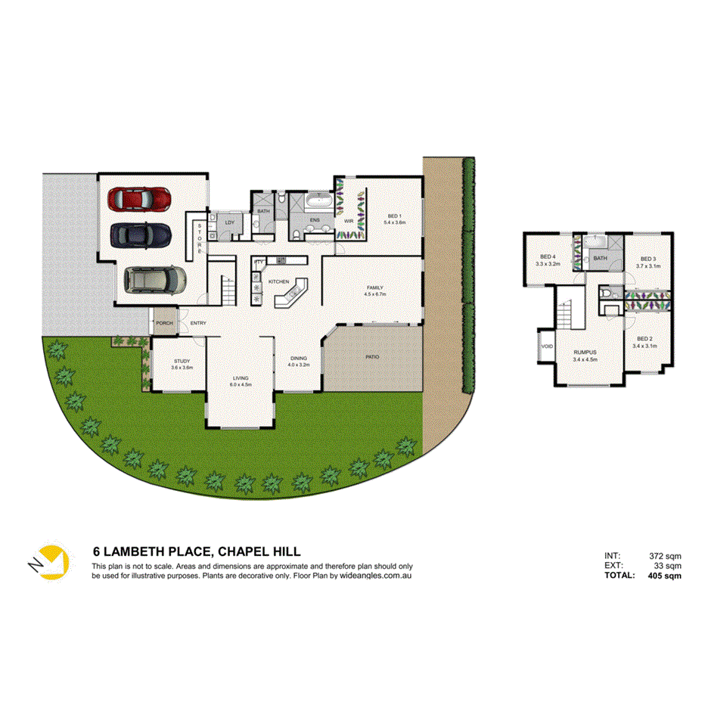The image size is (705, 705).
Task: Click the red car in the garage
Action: coord(141,200)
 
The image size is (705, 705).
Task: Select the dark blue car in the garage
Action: coord(140,234)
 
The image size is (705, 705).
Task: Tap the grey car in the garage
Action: coord(156,279)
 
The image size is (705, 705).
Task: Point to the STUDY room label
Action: coord(182,362)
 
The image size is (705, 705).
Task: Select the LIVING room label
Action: coord(241,378)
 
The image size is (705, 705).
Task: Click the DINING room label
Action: coord(300,360)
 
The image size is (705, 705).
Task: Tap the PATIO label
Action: coord(372,357)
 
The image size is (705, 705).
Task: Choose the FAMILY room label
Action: coord(375,288)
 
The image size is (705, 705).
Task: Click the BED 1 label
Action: coord(394,215)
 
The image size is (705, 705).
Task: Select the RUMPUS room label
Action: coord(586,352)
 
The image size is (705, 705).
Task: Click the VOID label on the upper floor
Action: coord(548,346)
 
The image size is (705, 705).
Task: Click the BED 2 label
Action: coord(644,338)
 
